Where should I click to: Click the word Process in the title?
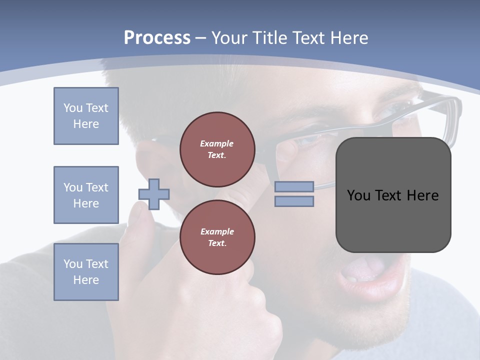tap(157, 38)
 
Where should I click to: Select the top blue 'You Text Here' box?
tap(86, 116)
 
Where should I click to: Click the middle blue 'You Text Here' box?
tap(86, 195)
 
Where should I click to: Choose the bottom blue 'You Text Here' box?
tap(86, 272)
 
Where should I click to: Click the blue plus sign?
tap(154, 194)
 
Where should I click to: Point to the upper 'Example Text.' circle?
tap(217, 149)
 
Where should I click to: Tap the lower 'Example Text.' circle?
tap(217, 237)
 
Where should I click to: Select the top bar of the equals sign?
tap(294, 186)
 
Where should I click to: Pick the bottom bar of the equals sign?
tap(294, 201)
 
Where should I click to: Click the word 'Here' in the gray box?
tap(422, 195)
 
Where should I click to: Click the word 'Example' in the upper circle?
tap(217, 143)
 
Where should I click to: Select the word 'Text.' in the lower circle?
tap(217, 243)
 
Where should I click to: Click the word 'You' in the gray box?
tap(358, 195)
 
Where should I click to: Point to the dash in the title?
tap(201, 38)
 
